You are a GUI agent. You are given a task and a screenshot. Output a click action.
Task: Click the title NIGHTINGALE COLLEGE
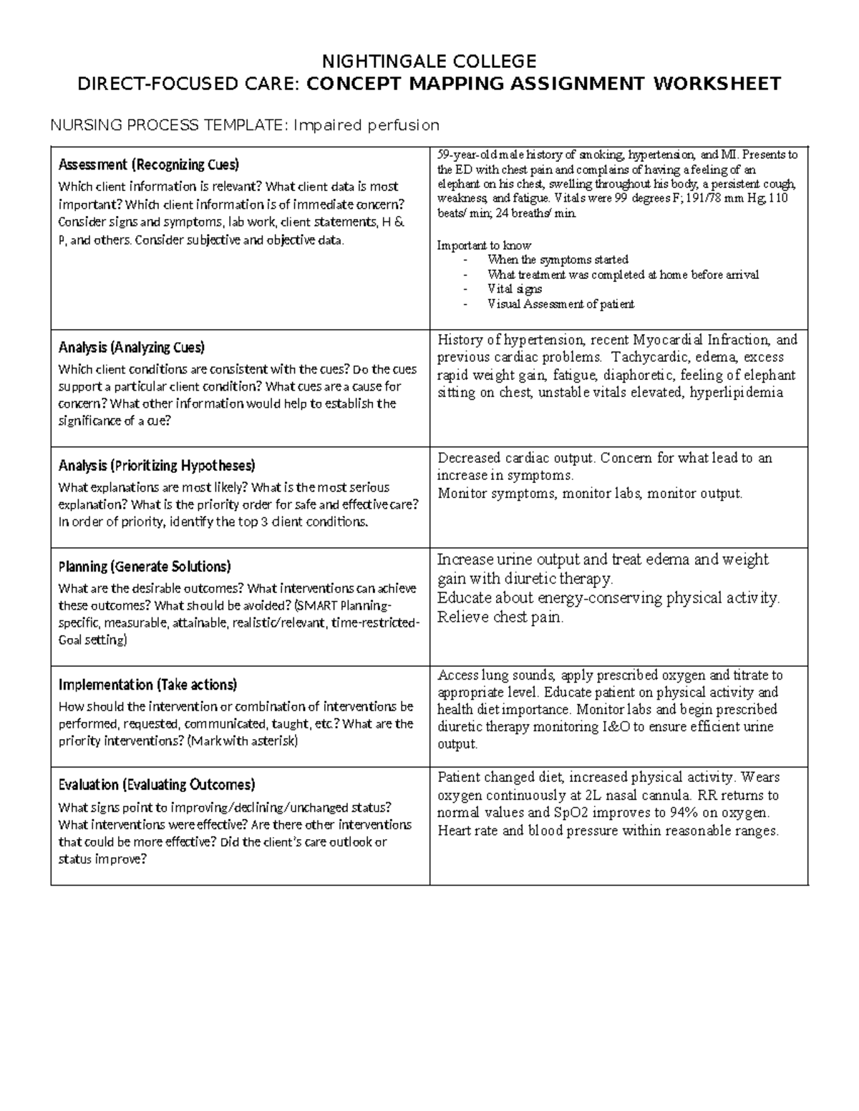click(429, 60)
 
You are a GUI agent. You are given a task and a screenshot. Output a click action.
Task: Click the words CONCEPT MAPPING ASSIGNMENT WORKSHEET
click(543, 84)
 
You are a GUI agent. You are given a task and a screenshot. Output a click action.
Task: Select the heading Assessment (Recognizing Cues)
click(149, 165)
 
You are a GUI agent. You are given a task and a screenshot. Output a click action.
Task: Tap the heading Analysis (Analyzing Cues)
click(131, 348)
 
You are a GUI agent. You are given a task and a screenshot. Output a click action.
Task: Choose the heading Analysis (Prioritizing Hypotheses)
click(156, 466)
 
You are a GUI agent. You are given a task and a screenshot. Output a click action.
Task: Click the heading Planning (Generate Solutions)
click(144, 567)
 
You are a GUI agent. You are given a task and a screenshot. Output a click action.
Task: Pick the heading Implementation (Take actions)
click(147, 685)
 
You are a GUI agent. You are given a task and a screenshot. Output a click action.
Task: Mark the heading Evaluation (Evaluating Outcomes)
click(156, 785)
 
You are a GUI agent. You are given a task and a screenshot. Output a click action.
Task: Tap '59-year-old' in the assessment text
click(467, 155)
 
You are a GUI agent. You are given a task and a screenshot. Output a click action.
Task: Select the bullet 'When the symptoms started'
click(558, 260)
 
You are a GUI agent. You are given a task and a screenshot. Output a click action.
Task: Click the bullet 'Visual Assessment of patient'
click(560, 304)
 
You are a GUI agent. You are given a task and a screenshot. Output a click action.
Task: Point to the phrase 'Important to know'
click(484, 245)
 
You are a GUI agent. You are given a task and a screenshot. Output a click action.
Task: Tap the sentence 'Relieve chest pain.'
click(500, 617)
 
